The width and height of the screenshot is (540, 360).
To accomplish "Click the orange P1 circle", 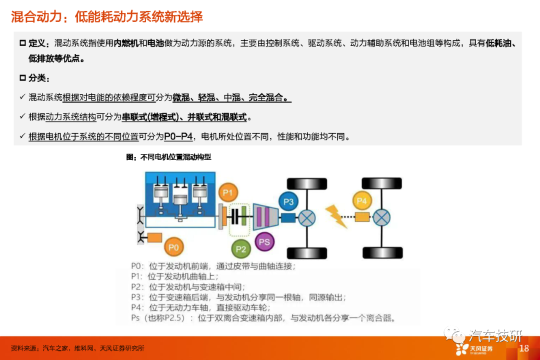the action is [228, 192].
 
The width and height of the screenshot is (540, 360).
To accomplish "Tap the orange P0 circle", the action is [173, 247].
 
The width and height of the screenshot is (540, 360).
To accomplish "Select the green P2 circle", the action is [240, 248].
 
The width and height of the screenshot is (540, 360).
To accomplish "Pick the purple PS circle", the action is [264, 241].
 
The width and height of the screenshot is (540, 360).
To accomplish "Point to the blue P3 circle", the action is [288, 201].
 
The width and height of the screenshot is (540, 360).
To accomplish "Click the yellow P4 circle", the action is [362, 200].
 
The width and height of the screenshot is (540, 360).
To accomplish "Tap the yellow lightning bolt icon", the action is [336, 216].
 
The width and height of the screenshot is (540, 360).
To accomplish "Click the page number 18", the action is [524, 348].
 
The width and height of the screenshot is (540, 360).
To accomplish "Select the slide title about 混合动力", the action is [107, 16].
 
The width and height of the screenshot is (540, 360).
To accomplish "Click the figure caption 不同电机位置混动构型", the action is [175, 157].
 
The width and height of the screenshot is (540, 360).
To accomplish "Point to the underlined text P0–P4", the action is [178, 136].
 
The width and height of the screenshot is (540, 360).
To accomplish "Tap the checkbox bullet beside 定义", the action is [22, 43].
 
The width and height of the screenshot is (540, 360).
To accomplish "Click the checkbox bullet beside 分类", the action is [22, 78].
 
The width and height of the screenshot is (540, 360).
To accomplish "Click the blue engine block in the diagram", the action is [180, 199].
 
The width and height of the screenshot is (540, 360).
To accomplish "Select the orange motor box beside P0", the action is [154, 237].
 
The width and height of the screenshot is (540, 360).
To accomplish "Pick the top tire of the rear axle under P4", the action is [381, 183].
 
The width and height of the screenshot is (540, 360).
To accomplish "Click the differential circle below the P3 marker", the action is [307, 217].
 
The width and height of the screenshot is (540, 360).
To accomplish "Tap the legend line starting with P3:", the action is [238, 297].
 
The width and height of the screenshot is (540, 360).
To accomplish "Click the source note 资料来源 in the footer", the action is [77, 348].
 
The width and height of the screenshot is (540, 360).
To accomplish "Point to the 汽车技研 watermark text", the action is [495, 335].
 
